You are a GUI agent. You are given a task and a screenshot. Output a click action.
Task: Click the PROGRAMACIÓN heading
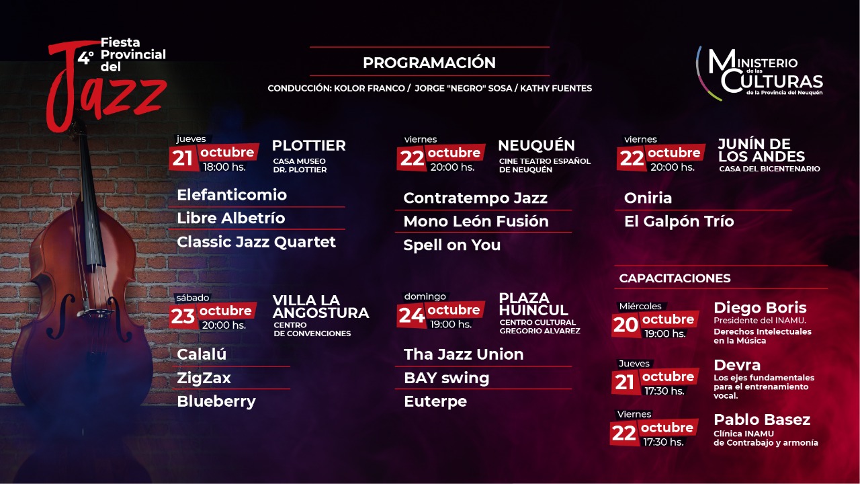pyautogui.click(x=429, y=63)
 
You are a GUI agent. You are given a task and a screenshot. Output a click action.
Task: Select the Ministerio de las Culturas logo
pyautogui.click(x=760, y=74)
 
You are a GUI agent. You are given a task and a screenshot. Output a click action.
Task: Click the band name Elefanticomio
pyautogui.click(x=232, y=195)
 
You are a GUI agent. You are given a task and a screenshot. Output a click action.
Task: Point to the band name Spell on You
pyautogui.click(x=452, y=245)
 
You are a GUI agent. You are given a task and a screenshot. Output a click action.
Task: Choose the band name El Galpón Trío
pyautogui.click(x=679, y=221)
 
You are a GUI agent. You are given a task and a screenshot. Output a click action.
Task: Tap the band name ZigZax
pyautogui.click(x=204, y=378)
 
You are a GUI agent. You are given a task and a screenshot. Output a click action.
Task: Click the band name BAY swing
pyautogui.click(x=447, y=378)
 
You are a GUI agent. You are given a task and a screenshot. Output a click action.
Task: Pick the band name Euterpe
pyautogui.click(x=435, y=401)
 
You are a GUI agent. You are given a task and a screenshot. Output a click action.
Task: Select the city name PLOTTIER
pyautogui.click(x=308, y=146)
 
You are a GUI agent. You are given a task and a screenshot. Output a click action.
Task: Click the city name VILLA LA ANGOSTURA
pyautogui.click(x=320, y=307)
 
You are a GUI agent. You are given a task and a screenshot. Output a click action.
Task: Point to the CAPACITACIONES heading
pyautogui.click(x=675, y=278)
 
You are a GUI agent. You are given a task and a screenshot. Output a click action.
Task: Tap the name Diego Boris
pyautogui.click(x=760, y=308)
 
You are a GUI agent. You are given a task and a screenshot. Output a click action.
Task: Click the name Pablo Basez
pyautogui.click(x=762, y=420)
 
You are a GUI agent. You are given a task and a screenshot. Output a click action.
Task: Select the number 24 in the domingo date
pyautogui.click(x=412, y=316)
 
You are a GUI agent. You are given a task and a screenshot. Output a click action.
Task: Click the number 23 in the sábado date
pyautogui.click(x=183, y=317)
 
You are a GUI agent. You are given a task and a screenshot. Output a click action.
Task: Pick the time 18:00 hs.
pyautogui.click(x=224, y=167)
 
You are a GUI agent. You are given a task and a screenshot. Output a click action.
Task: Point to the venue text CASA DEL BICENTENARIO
pyautogui.click(x=769, y=169)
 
